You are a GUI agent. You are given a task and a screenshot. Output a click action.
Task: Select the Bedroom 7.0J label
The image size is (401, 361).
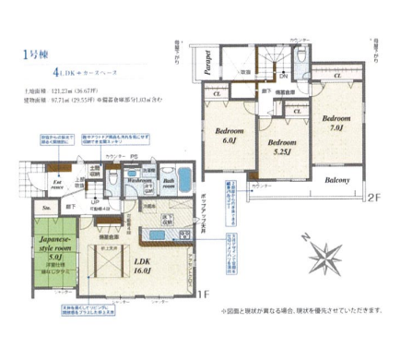pos(337,124)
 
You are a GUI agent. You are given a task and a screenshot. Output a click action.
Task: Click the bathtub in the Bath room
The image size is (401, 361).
pos(181,178)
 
